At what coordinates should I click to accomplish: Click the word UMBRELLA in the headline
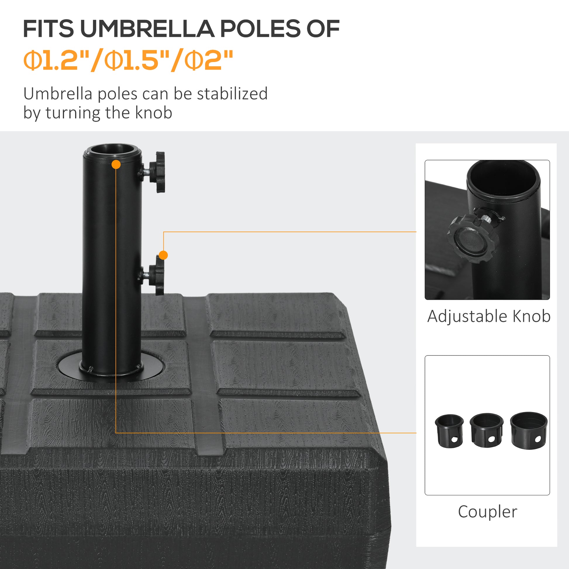pos(147,29)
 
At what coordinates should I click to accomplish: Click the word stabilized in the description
pos(232,94)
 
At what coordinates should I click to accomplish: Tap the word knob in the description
pos(154,113)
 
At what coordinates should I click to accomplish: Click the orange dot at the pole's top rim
pos(116,164)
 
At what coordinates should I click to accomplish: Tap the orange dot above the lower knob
pos(163,255)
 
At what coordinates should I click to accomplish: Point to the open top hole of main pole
pos(112,150)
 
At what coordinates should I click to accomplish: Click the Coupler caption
pos(487,512)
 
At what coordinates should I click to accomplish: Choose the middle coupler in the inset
pos(486,430)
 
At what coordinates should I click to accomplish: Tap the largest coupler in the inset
pos(529,430)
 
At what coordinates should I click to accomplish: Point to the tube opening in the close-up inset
pos(503,180)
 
